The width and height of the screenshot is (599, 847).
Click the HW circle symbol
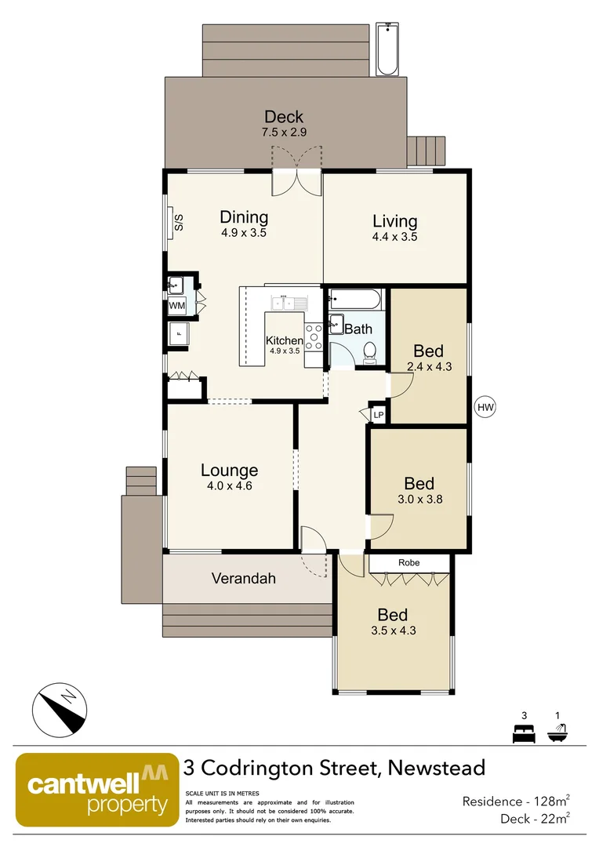[486, 407]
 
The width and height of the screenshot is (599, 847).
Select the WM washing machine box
[176, 305]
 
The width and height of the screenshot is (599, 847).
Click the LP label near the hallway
[378, 415]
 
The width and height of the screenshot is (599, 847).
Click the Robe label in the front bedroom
[408, 562]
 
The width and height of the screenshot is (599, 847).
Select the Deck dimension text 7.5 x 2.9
[284, 134]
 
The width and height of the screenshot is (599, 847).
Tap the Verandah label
[244, 579]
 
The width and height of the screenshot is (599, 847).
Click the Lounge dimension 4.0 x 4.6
[229, 485]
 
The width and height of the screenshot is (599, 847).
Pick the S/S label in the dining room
[177, 223]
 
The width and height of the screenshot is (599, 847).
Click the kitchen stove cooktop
[314, 337]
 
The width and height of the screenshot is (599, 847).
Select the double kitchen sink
[288, 303]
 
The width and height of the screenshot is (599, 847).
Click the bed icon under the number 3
[523, 735]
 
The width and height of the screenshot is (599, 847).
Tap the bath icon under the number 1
[558, 735]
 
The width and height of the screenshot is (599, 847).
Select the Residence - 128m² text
[515, 801]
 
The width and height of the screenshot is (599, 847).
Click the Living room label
[394, 221]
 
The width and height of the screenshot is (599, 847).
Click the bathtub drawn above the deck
[387, 50]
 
